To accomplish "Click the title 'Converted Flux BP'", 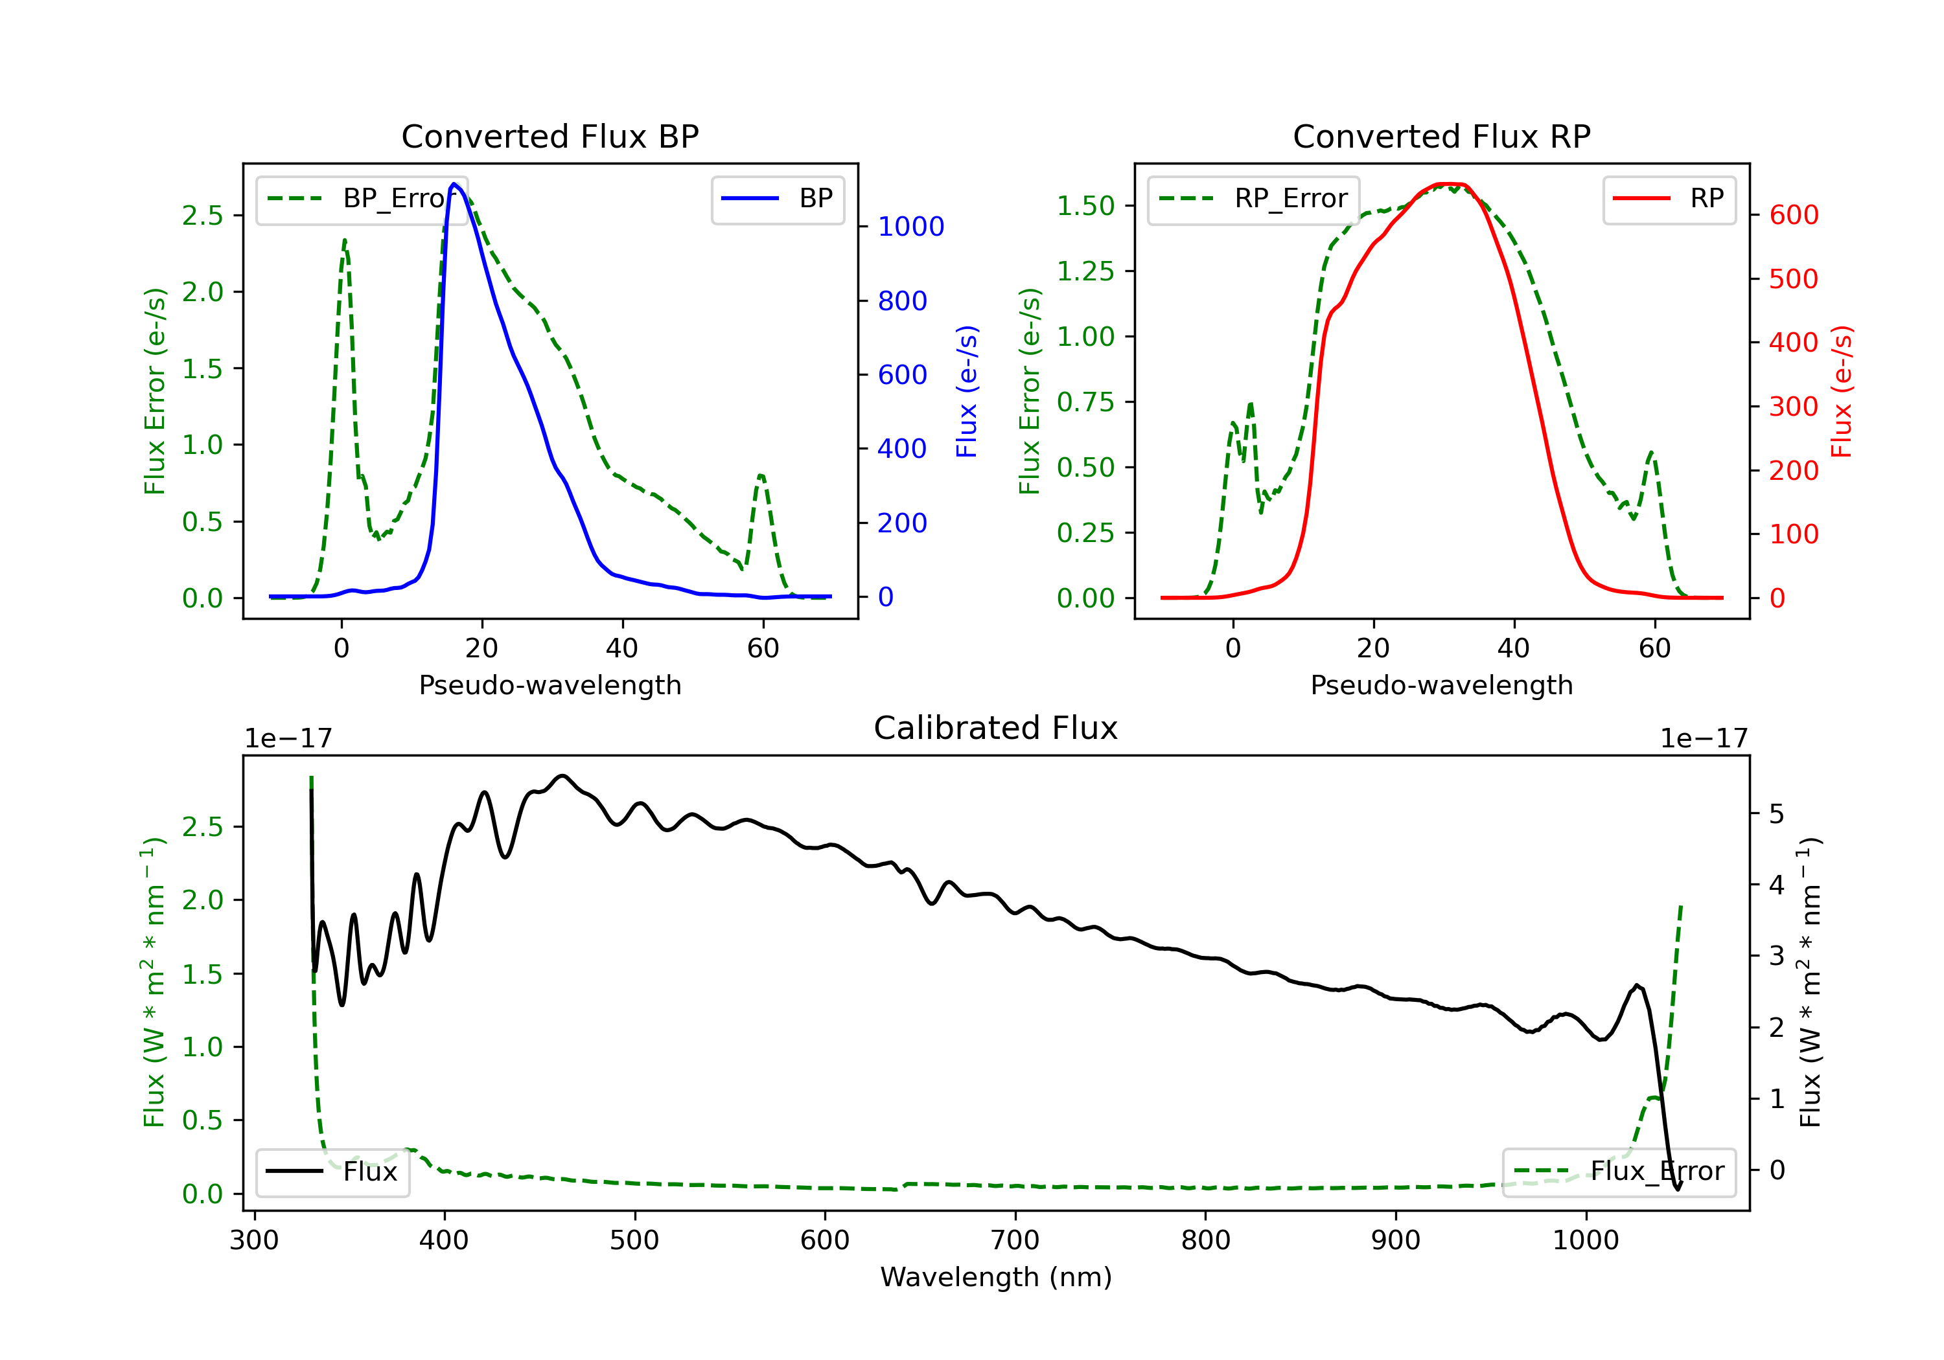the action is tap(550, 136).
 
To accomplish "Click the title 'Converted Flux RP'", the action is tap(1441, 136).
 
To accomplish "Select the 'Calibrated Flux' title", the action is tap(996, 728).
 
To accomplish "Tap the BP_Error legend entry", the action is tap(362, 199).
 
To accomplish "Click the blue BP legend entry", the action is tap(777, 199).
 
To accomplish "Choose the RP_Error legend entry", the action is tap(1253, 199).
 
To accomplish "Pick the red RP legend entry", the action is tap(1668, 199).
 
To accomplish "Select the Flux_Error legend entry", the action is tap(1618, 1172).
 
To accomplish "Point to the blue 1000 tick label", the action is tap(911, 227).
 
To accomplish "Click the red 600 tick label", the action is tap(1793, 215).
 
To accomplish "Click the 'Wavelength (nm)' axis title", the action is tap(996, 1277).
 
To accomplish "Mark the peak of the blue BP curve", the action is tap(454, 184).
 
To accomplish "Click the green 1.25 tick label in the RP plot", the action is tap(1085, 271).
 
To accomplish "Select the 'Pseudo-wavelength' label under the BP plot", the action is tap(550, 685).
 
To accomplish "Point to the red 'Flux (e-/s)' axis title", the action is tap(1842, 391).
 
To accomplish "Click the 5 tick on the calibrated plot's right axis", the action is tap(1777, 814).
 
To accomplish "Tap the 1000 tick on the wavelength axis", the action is tap(1585, 1241).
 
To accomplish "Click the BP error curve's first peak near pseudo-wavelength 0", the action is tap(345, 240).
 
